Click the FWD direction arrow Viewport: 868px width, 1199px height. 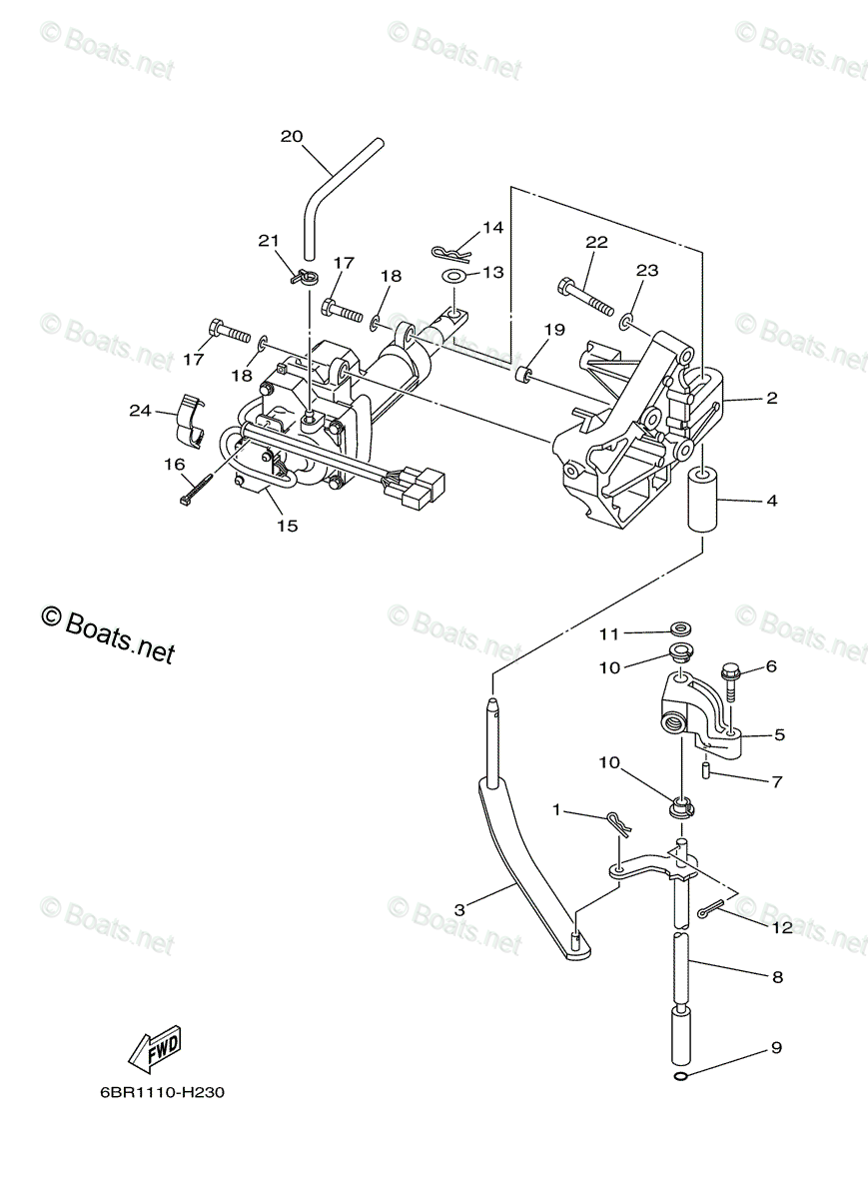155,1050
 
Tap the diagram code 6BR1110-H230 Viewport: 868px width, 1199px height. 162,1092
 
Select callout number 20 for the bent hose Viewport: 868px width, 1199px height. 291,137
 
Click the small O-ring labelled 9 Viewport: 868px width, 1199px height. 681,1075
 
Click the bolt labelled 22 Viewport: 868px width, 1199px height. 584,295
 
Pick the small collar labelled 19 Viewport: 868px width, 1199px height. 522,377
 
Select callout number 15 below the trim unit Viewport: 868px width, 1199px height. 287,525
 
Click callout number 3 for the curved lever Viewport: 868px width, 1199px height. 459,909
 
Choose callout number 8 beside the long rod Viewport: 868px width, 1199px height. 776,978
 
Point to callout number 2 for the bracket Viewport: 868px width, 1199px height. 771,398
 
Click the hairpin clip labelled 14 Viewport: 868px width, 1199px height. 449,249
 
